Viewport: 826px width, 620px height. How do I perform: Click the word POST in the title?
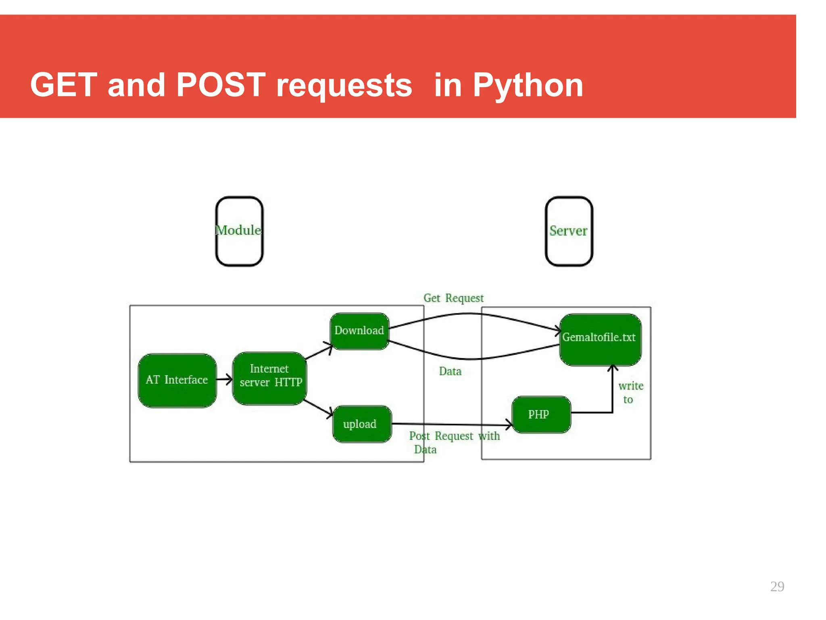click(221, 85)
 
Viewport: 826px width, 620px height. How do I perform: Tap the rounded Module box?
click(239, 231)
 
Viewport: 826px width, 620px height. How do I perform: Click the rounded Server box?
click(569, 231)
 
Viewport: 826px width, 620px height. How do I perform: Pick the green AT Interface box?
click(177, 380)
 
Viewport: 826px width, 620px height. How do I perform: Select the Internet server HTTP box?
click(270, 378)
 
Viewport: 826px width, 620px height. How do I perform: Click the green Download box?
click(359, 331)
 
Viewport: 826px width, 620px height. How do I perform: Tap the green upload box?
click(361, 424)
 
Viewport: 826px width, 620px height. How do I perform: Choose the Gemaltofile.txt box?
click(600, 339)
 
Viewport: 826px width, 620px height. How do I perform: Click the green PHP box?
click(541, 415)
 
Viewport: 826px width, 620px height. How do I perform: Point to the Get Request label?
click(453, 298)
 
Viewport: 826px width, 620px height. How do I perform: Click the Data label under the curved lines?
click(450, 371)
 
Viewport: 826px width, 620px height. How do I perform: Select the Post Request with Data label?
click(454, 442)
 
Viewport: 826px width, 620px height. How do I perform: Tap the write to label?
click(630, 392)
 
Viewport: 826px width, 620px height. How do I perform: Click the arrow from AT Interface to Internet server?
click(224, 379)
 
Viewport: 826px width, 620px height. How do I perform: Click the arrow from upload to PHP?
click(452, 424)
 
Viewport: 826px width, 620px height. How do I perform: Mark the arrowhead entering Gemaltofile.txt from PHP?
click(613, 368)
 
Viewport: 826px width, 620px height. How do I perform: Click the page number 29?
click(777, 586)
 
